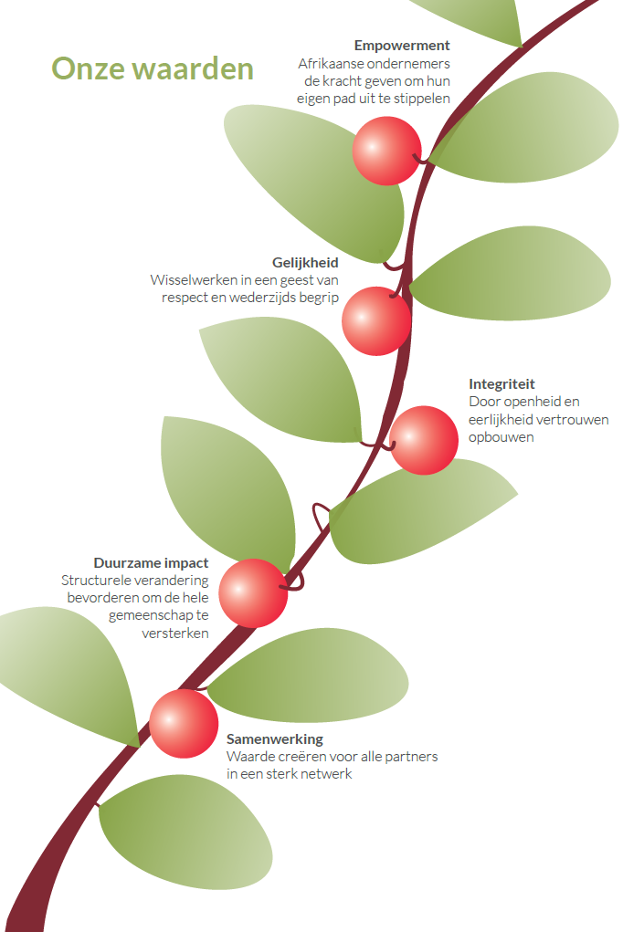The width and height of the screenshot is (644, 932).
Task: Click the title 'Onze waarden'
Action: point(153,68)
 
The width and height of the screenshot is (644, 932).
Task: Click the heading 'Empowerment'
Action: point(402,46)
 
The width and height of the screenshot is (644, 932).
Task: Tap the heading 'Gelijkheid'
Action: point(305,263)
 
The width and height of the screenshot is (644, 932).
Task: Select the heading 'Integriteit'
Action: point(501,384)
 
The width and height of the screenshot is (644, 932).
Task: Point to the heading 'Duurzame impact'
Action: point(151,563)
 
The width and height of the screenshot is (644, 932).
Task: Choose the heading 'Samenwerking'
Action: point(275,739)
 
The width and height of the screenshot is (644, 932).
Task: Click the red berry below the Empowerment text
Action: point(386,151)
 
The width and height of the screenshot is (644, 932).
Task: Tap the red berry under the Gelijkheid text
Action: point(376,321)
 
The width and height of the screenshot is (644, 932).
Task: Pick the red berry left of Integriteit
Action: point(424,441)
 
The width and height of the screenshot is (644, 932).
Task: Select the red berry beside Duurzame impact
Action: point(253,592)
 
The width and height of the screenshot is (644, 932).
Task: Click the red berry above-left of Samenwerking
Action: point(184,723)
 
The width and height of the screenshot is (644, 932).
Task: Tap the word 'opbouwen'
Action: point(501,437)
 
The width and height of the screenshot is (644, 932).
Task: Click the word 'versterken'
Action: point(175,633)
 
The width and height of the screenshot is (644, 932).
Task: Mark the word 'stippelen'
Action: point(422,99)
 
